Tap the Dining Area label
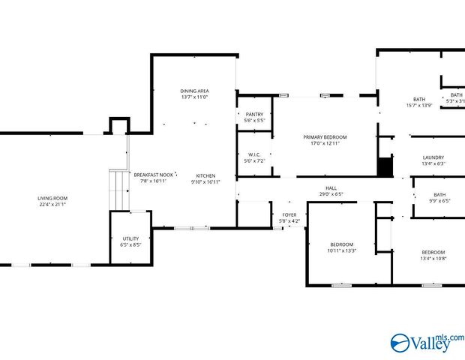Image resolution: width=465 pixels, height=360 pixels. click(194, 91)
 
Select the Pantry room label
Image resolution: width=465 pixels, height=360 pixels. click(253, 114)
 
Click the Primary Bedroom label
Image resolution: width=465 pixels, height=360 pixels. click(325, 137)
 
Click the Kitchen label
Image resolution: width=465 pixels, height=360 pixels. click(205, 175)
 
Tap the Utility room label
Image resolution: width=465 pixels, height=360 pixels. click(130, 238)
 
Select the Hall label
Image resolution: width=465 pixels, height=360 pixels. click(331, 188)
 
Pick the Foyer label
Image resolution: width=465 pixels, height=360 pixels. click(289, 215)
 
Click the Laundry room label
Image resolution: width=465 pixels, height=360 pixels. click(433, 157)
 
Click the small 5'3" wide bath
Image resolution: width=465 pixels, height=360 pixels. click(456, 98)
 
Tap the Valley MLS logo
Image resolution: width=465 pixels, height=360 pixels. click(427, 342)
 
